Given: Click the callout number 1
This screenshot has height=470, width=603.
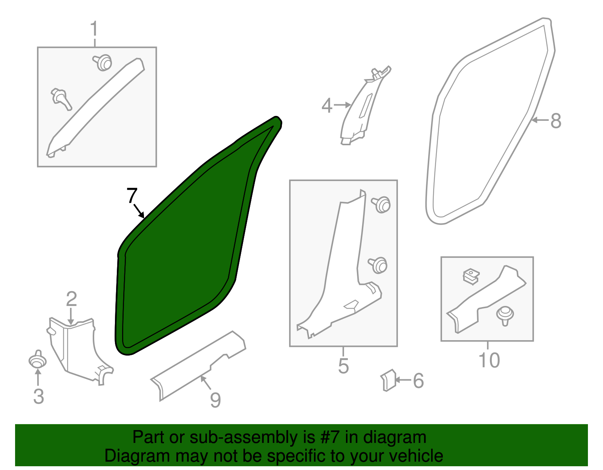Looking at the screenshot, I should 94,29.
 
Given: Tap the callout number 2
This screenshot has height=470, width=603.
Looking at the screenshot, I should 71,299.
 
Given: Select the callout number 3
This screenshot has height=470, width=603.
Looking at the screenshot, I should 38,396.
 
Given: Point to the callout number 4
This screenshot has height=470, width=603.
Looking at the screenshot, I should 327,106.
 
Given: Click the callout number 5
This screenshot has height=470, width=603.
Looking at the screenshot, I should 343,365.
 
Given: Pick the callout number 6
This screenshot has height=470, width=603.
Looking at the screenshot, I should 418,381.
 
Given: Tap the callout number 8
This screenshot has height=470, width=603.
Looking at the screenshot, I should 556,121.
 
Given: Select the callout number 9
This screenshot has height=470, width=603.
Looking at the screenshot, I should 215,400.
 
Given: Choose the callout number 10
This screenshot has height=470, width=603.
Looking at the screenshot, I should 489,360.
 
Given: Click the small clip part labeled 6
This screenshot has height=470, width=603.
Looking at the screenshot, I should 388,380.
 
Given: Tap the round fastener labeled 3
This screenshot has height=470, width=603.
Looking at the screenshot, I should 37,360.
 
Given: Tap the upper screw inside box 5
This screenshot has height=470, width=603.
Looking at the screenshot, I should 382,204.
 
